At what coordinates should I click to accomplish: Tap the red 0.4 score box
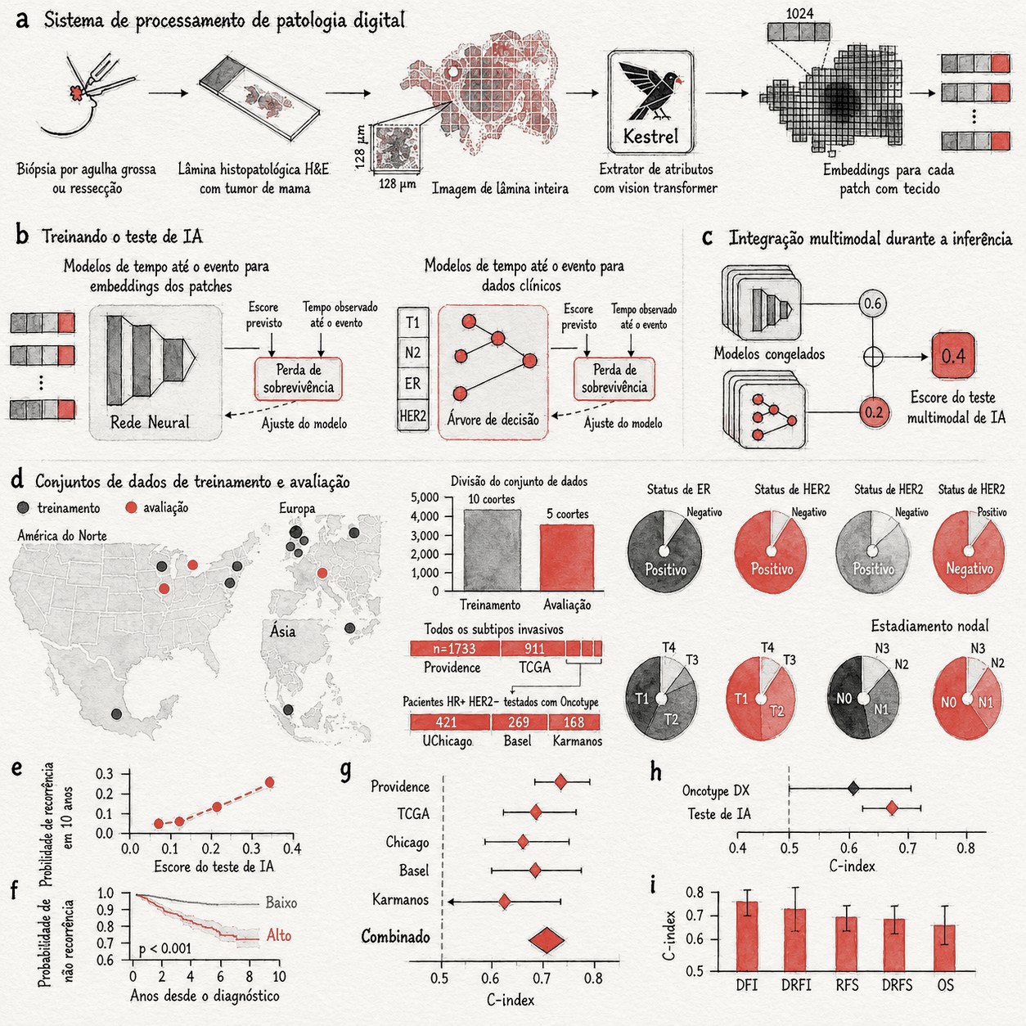point(952,356)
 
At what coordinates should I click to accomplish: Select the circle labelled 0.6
point(872,304)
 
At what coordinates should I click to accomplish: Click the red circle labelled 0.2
point(874,412)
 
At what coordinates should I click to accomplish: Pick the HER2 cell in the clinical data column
point(412,416)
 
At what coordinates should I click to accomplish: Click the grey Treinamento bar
point(493,550)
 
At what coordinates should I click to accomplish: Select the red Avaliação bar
point(567,557)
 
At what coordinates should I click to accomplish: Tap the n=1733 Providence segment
point(455,649)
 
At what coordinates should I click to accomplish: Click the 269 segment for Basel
point(519,722)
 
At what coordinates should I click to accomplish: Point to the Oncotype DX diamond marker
point(853,788)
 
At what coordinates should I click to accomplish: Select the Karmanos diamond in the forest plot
point(504,902)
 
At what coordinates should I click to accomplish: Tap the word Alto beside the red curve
point(279,935)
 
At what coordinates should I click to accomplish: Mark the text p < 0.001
point(164,948)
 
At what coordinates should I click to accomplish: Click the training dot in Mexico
point(117,713)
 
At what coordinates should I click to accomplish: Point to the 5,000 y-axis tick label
point(425,497)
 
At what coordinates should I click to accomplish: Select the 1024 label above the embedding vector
point(799,13)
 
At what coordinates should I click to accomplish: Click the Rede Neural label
point(150,422)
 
